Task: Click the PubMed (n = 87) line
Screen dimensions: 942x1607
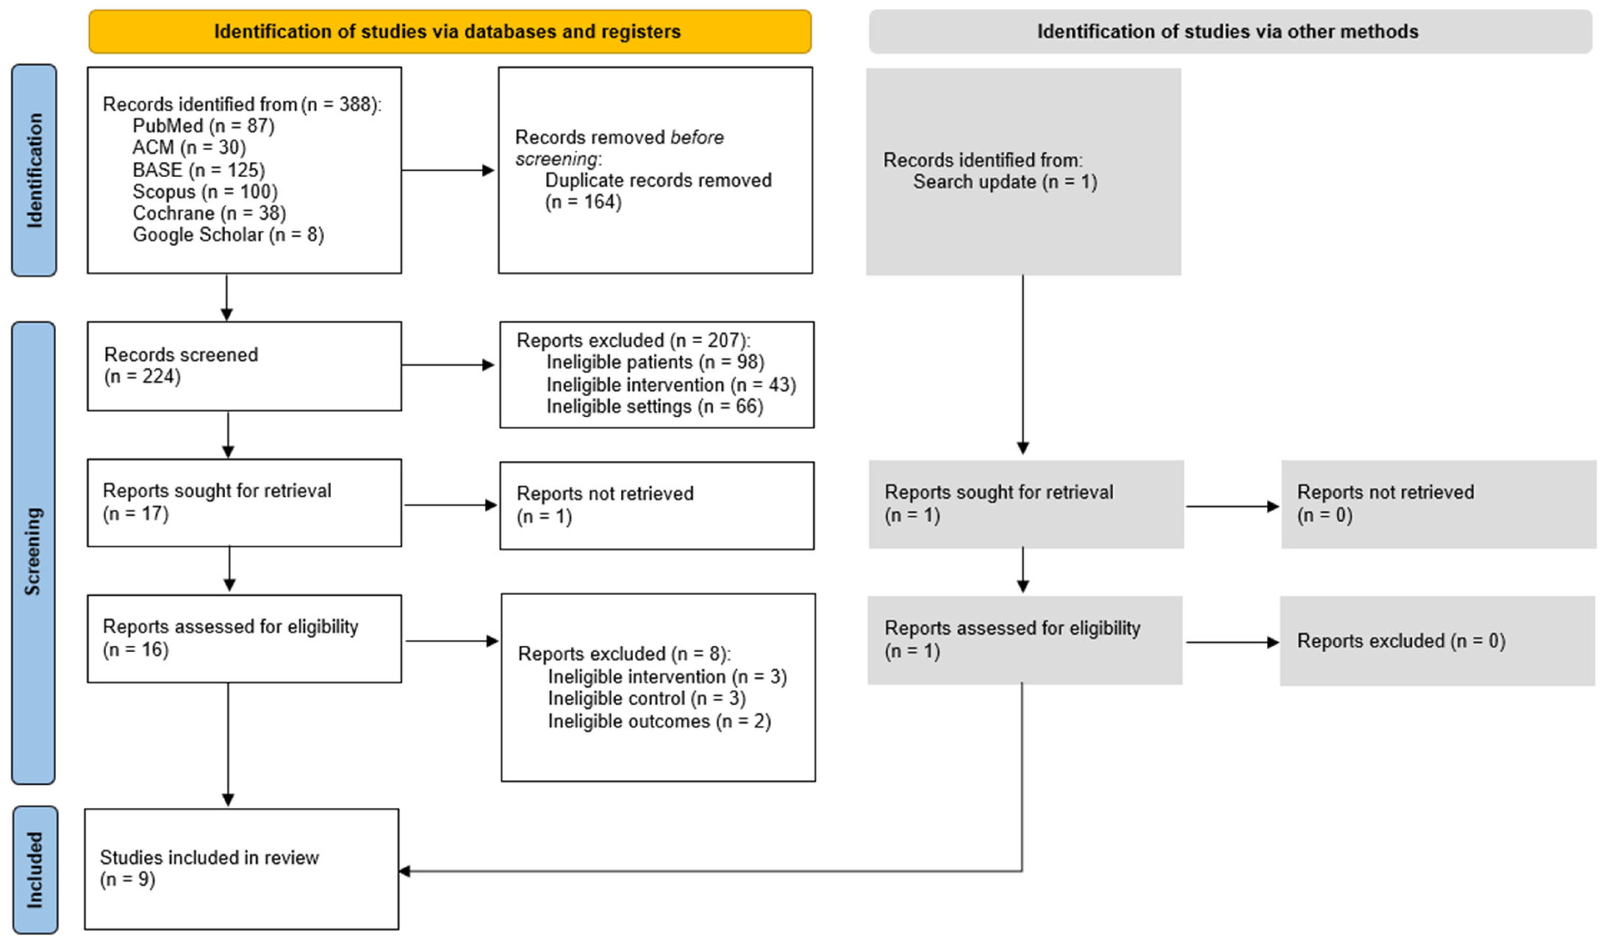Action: (x=203, y=126)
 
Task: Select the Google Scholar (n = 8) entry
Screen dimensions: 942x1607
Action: (x=228, y=235)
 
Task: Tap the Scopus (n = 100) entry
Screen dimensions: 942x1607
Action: (x=205, y=191)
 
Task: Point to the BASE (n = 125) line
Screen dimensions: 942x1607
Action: (x=198, y=169)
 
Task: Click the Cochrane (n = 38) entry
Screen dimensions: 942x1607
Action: (x=209, y=213)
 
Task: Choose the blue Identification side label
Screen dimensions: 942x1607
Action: (x=34, y=170)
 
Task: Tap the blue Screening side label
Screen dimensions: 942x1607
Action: (x=33, y=552)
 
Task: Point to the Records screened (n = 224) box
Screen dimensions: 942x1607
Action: (x=244, y=366)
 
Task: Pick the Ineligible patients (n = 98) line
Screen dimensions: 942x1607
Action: (x=655, y=362)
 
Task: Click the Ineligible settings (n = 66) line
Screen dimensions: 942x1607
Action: (x=654, y=407)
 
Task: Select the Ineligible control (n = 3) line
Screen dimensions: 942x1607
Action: (x=646, y=698)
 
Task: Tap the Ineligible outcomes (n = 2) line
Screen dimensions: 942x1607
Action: (x=659, y=721)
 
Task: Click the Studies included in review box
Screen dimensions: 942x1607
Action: (x=242, y=869)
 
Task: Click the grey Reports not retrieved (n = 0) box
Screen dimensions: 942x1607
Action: (x=1437, y=504)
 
